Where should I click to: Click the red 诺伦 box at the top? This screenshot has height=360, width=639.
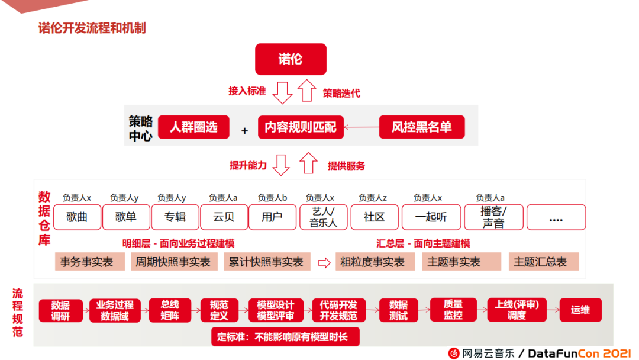pos(291,59)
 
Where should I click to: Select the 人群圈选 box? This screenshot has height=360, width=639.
pos(193,127)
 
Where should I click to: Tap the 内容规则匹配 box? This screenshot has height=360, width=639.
pos(301,127)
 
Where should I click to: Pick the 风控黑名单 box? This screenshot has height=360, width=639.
pos(421,127)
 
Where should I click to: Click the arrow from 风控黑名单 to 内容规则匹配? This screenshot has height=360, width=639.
pos(362,127)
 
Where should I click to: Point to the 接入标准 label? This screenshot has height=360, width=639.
pos(247,91)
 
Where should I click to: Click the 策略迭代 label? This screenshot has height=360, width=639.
pos(341,93)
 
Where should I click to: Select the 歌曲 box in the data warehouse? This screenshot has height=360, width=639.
pos(77,217)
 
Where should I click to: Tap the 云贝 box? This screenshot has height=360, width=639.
pos(224,217)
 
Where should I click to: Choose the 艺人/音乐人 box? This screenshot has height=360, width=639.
pos(322,217)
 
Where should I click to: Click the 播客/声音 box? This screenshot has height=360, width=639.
pos(493,217)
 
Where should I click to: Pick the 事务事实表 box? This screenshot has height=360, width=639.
pos(91,262)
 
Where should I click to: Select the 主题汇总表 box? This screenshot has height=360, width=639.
pos(543,262)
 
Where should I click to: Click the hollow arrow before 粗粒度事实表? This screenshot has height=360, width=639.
pos(324,262)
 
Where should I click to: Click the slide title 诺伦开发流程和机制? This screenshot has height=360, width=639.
pos(92,28)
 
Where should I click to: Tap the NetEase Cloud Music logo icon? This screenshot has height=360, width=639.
pos(454,353)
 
